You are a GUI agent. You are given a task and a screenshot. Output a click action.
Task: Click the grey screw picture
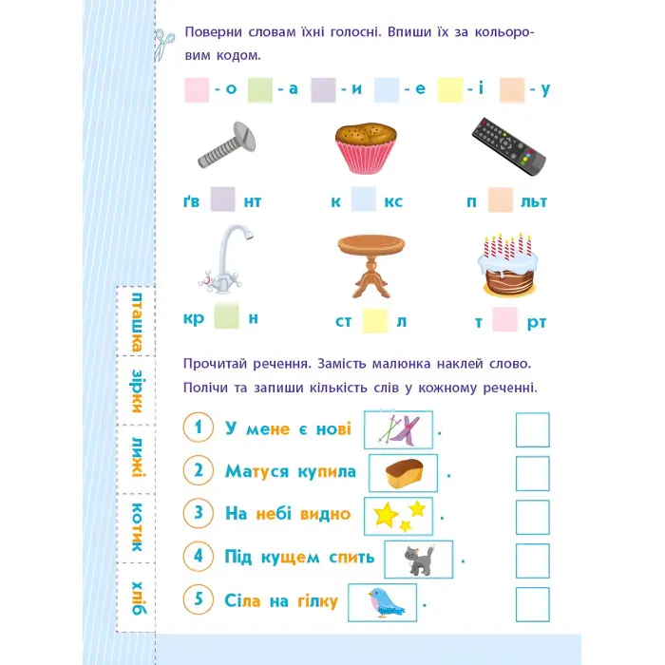pyautogui.click(x=227, y=145)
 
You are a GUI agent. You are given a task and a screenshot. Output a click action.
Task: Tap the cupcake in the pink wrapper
pyautogui.click(x=366, y=148)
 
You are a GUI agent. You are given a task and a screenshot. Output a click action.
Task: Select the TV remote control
pyautogui.click(x=508, y=146)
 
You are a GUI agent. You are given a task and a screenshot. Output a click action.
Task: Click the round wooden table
pyautogui.click(x=371, y=266)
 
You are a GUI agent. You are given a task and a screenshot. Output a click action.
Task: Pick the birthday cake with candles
pyautogui.click(x=508, y=265)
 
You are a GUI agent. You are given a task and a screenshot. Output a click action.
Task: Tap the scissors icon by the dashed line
pyautogui.click(x=164, y=44)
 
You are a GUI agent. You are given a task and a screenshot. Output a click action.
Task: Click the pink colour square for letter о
pyautogui.click(x=197, y=90)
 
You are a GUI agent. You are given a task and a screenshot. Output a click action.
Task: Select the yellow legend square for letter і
pyautogui.click(x=450, y=90)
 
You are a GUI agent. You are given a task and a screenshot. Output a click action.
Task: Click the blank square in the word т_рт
pyautogui.click(x=505, y=319)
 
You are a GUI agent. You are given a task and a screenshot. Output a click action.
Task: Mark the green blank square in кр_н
pyautogui.click(x=226, y=316)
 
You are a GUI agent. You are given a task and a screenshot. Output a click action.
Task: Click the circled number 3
pyautogui.click(x=198, y=513)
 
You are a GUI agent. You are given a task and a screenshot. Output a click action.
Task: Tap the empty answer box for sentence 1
pyautogui.click(x=533, y=430)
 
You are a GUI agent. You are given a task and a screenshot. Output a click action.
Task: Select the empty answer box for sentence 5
pyautogui.click(x=533, y=604)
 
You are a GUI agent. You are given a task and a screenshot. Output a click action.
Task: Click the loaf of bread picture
pyautogui.click(x=404, y=473)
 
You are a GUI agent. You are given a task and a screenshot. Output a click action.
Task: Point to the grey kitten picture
pyautogui.click(x=419, y=560)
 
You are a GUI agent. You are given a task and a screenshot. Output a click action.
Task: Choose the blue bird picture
pyautogui.click(x=385, y=602)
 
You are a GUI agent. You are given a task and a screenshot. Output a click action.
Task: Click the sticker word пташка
pyautogui.click(x=137, y=322)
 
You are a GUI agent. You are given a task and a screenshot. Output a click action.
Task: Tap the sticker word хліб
pyautogui.click(x=138, y=598)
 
